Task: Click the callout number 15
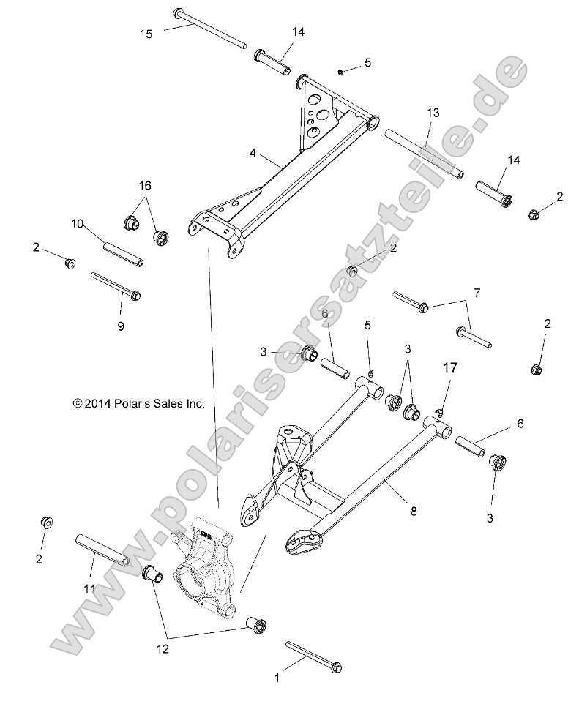click(x=147, y=33)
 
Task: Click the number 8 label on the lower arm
click(x=414, y=512)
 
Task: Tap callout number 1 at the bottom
click(x=277, y=678)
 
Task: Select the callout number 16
click(x=144, y=184)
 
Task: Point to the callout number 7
click(x=497, y=293)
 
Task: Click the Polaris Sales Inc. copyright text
click(x=138, y=403)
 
